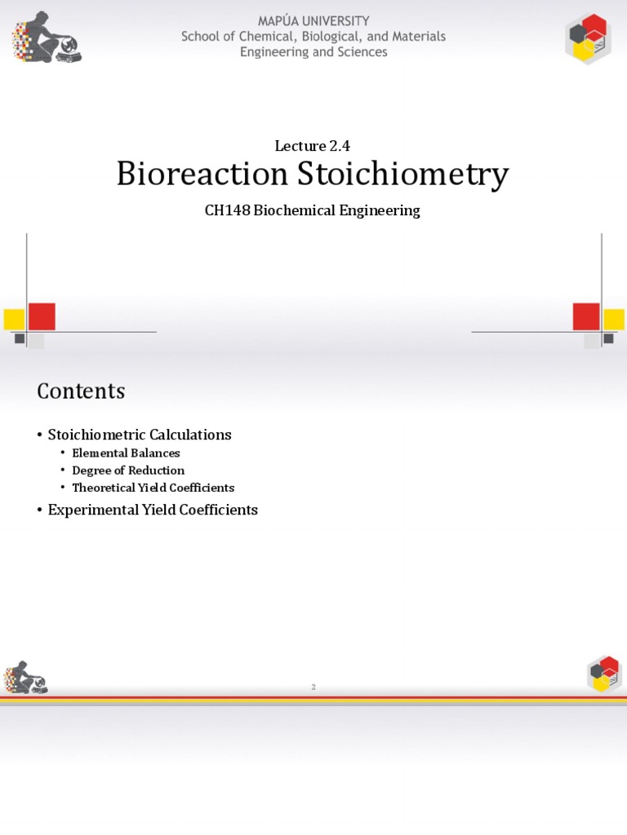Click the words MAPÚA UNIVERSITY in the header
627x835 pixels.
point(313,21)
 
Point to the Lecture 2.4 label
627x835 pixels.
point(313,146)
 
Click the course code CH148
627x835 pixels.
point(226,210)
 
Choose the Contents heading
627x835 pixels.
point(81,391)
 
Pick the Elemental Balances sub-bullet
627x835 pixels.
point(126,453)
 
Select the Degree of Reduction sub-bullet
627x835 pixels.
point(128,471)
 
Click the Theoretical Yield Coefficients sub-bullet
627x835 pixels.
point(153,488)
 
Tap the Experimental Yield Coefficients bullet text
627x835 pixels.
point(153,510)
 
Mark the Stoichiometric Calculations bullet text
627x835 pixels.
point(140,435)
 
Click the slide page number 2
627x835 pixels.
point(313,687)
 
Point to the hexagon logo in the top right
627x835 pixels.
point(587,38)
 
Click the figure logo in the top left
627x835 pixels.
point(46,38)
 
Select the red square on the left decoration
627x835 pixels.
point(42,316)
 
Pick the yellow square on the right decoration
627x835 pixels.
point(614,319)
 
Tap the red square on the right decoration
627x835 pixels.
point(586,316)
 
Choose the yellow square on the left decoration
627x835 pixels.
point(14,319)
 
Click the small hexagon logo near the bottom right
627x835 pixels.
point(604,674)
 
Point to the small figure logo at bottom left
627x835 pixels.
point(26,677)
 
